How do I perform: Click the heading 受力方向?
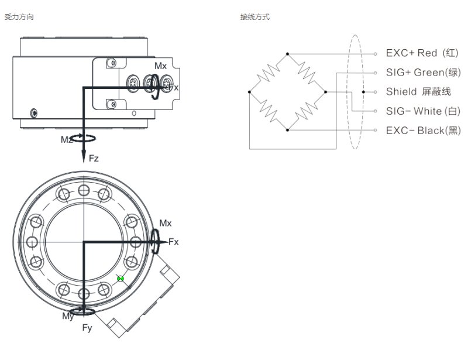[x=19, y=17]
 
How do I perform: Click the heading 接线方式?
[x=255, y=17]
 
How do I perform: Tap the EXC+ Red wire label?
[x=422, y=53]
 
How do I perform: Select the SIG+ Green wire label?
[x=423, y=73]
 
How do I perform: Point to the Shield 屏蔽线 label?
[x=418, y=92]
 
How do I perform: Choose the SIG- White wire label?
[x=423, y=111]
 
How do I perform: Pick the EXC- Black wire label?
[x=423, y=131]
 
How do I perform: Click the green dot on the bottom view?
[x=121, y=279]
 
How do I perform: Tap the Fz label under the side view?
[x=94, y=158]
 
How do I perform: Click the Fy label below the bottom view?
[x=87, y=328]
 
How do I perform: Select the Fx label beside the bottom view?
[x=173, y=242]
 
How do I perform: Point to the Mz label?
[x=66, y=139]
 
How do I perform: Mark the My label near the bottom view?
[x=68, y=316]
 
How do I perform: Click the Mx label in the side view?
[x=160, y=66]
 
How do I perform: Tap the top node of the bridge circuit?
[x=287, y=54]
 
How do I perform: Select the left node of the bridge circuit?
[x=250, y=92]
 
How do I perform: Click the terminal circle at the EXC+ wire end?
[x=375, y=54]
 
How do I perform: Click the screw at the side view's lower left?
[x=35, y=113]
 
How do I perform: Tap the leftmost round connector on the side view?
[x=133, y=83]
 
